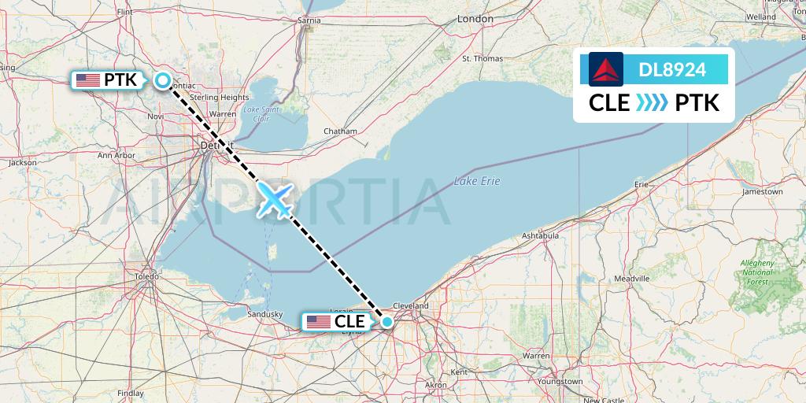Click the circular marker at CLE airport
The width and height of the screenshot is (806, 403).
[387, 321]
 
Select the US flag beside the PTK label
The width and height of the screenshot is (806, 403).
[87, 79]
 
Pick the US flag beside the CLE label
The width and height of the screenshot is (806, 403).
[318, 321]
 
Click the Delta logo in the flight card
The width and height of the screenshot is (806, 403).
[606, 69]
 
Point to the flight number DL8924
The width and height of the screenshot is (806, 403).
[671, 70]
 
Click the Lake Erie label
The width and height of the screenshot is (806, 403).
[477, 181]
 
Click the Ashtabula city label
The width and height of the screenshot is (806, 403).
[540, 235]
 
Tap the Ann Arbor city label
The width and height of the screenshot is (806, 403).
[116, 155]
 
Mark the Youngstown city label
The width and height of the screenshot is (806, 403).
[560, 381]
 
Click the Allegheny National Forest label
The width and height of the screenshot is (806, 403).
[757, 272]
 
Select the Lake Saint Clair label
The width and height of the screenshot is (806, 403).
[261, 113]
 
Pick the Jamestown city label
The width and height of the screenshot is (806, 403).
[762, 191]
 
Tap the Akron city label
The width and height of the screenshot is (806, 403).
[435, 385]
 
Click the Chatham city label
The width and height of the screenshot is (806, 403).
[340, 131]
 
